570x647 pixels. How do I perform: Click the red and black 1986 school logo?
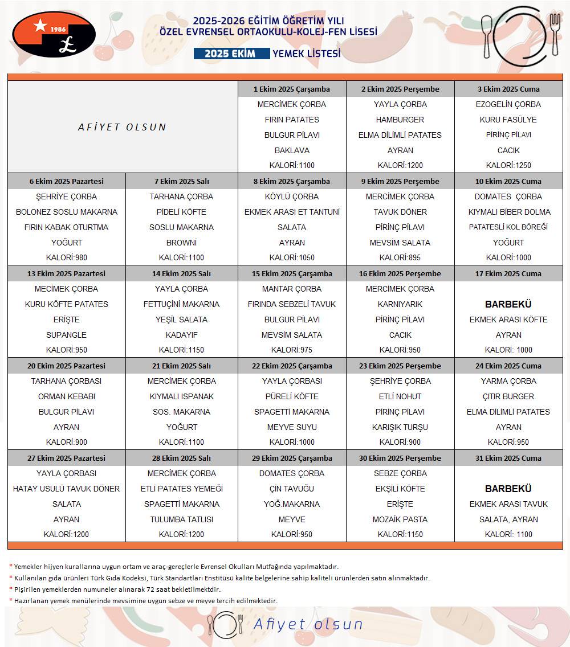click(x=54, y=34)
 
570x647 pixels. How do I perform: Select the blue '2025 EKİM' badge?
click(x=231, y=54)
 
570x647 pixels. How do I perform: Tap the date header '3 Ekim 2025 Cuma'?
click(x=508, y=89)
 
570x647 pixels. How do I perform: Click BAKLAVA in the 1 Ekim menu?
click(x=292, y=150)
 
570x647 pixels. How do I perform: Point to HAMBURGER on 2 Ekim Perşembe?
click(x=400, y=120)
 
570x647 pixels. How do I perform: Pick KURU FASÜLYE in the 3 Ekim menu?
click(x=508, y=120)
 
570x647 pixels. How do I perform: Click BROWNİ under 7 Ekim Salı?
click(x=181, y=243)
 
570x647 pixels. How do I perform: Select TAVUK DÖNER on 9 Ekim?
click(x=400, y=212)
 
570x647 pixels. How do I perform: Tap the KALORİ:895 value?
click(x=400, y=257)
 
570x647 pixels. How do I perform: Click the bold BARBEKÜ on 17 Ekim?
click(x=508, y=304)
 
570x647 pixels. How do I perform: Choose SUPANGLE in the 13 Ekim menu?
click(x=67, y=335)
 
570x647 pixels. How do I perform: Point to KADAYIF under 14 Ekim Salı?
click(x=181, y=335)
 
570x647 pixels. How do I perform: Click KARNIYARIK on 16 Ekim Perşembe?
click(x=400, y=304)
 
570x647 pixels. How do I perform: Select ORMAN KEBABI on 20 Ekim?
click(x=67, y=396)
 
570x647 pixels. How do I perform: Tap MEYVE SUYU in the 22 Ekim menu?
click(x=292, y=427)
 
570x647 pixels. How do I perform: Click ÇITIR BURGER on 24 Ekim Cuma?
click(x=508, y=396)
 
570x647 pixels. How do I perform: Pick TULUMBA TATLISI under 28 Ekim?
click(x=181, y=519)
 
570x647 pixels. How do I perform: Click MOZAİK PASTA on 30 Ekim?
click(x=400, y=519)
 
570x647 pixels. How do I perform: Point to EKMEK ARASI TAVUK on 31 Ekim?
click(x=508, y=504)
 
